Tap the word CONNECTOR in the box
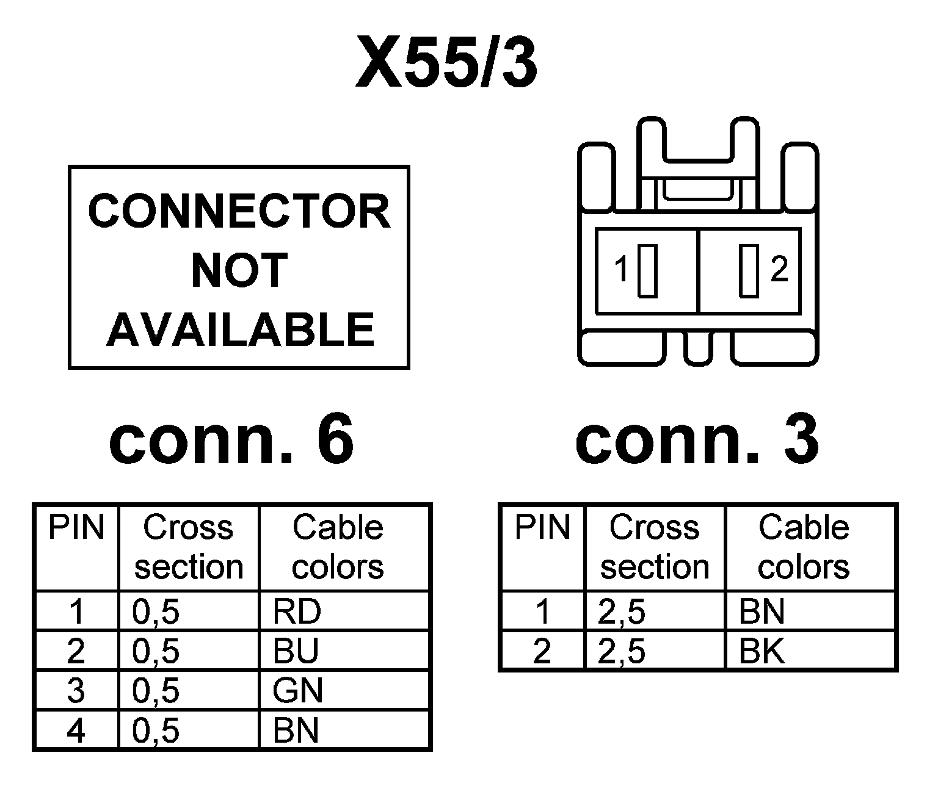pos(239,211)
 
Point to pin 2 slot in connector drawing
pos(749,270)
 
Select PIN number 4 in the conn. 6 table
pos(76,730)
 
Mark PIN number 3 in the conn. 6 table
pos(76,691)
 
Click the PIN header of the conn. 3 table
pos(542,527)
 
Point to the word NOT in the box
pos(239,270)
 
